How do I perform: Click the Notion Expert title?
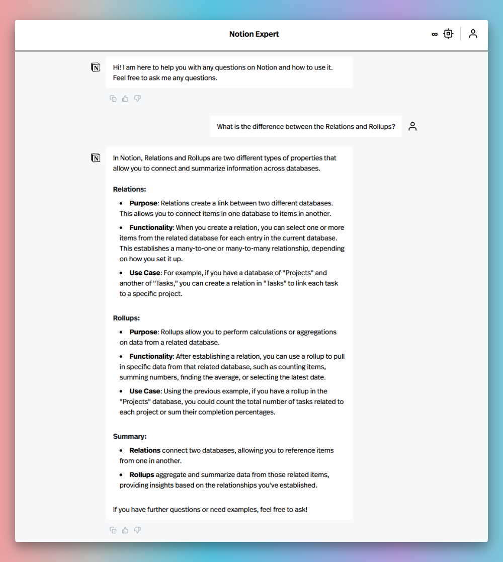254,34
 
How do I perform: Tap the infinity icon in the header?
435,34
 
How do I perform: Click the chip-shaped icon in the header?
448,34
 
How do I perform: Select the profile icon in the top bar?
473,34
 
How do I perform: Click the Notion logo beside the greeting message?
96,67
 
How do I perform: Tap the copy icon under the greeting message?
113,99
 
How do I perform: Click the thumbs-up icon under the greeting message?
125,99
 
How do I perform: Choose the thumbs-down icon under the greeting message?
137,99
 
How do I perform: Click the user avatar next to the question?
412,126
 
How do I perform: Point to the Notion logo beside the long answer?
96,158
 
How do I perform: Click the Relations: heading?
129,189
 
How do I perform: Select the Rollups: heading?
126,318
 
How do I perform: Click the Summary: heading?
130,436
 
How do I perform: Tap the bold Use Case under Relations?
144,273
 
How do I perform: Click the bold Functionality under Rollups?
151,356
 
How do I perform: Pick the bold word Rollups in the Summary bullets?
141,474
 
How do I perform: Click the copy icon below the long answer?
113,530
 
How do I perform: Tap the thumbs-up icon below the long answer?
125,530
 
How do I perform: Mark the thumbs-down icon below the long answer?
137,530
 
